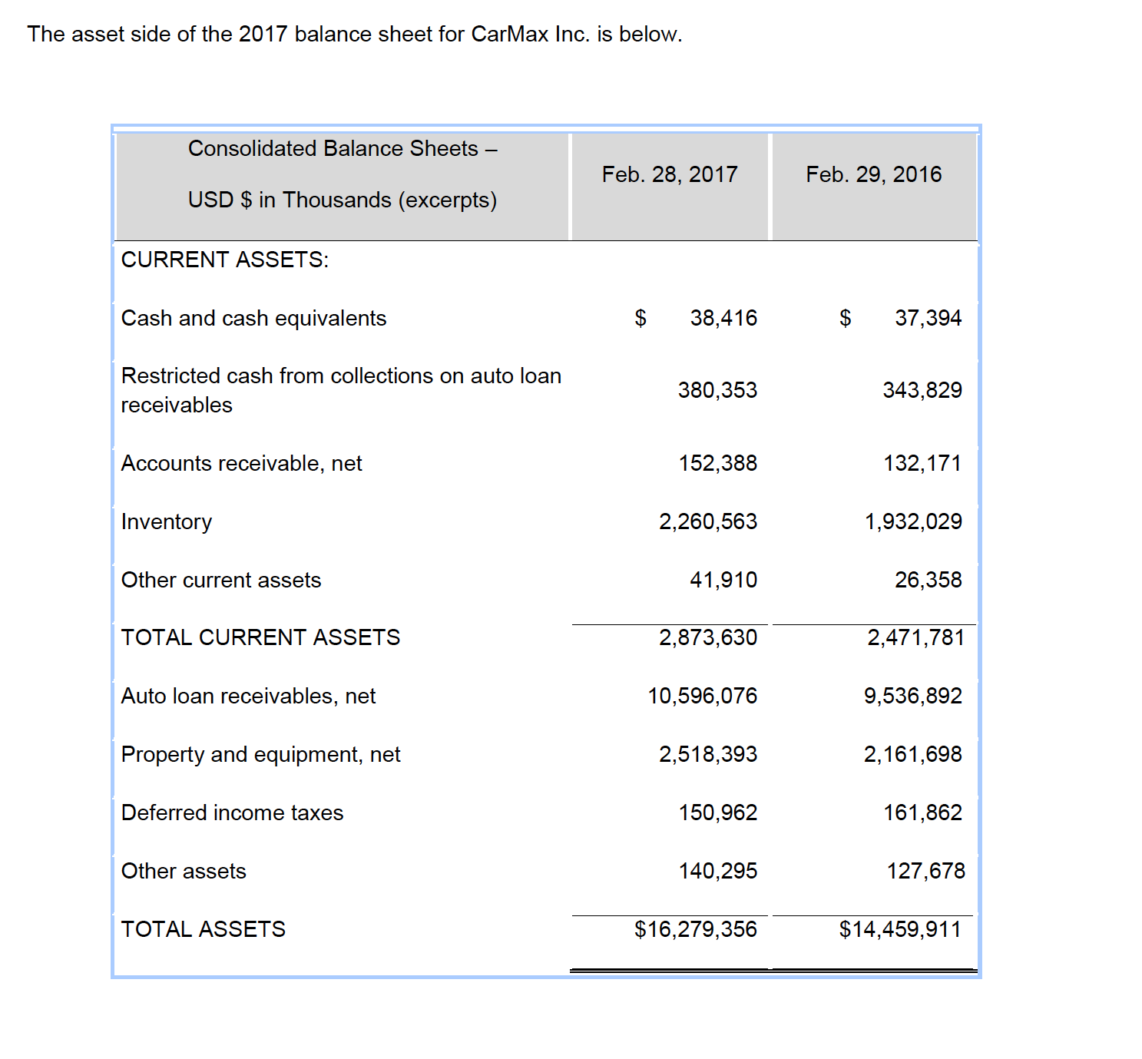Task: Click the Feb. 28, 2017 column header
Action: (670, 174)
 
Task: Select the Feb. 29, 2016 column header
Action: (873, 174)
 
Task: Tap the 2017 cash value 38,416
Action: (723, 318)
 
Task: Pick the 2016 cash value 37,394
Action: (928, 318)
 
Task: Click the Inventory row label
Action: (167, 522)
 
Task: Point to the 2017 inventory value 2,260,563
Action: (707, 522)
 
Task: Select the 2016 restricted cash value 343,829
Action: (922, 390)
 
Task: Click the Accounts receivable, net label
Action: (242, 464)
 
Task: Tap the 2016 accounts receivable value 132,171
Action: (922, 464)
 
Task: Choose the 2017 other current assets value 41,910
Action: (723, 580)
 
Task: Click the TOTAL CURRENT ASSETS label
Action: (260, 637)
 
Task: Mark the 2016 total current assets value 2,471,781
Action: (915, 637)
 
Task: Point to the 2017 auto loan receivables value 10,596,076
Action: (702, 696)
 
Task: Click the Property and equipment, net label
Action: (261, 754)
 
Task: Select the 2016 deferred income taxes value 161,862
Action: (922, 812)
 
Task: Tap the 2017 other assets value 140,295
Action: (717, 871)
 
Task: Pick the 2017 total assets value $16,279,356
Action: (695, 929)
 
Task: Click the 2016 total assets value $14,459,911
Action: (899, 929)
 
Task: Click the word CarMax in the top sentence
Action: (509, 35)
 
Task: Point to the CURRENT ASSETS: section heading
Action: (225, 260)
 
